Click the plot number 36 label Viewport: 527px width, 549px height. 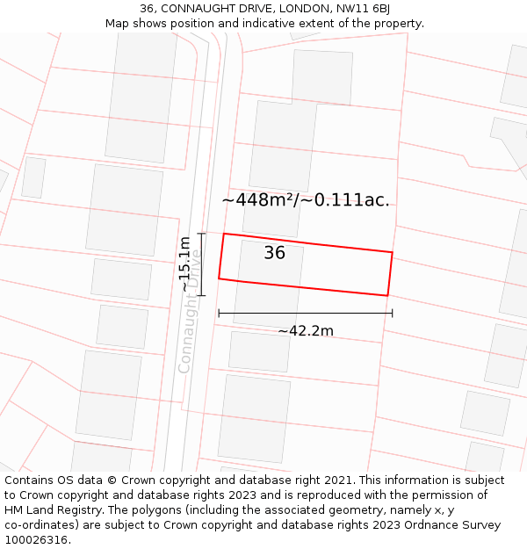[275, 253]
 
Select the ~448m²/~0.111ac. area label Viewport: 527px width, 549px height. [306, 200]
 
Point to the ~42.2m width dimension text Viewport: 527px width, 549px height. [306, 331]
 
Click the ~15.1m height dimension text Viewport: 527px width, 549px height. [184, 264]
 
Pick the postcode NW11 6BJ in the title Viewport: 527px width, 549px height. [362, 9]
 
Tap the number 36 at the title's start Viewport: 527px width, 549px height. [147, 9]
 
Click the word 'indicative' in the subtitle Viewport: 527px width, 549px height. [274, 24]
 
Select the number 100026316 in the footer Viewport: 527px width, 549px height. [37, 540]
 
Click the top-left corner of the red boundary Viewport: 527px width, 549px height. [224, 234]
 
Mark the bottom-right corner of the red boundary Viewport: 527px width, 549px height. [387, 295]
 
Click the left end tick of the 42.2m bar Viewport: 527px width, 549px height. [219, 313]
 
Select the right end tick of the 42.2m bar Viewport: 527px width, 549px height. [393, 313]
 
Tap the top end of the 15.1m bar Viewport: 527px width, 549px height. [202, 233]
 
